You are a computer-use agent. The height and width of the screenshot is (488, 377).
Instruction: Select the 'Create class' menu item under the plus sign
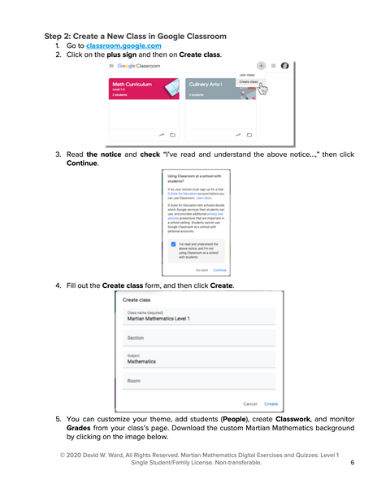[249, 82]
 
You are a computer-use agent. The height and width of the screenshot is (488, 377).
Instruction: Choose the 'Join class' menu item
[247, 74]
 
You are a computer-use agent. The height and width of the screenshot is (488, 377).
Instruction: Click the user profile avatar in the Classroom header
[284, 65]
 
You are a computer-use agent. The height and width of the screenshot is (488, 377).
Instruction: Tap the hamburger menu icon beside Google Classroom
[110, 65]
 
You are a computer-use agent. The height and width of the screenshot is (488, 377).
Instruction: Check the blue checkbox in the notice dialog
[173, 243]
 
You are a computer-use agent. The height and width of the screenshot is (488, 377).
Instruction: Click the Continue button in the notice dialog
[219, 269]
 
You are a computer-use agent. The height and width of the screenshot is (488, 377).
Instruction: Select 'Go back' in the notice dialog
[202, 269]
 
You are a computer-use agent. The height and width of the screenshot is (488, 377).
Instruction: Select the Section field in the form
[200, 338]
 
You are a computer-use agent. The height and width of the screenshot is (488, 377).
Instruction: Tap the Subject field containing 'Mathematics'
[200, 359]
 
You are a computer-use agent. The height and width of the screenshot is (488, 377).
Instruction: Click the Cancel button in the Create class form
[250, 403]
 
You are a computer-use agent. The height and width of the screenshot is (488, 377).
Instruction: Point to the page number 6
[353, 462]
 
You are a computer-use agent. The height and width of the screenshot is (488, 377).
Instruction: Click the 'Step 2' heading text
[134, 36]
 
